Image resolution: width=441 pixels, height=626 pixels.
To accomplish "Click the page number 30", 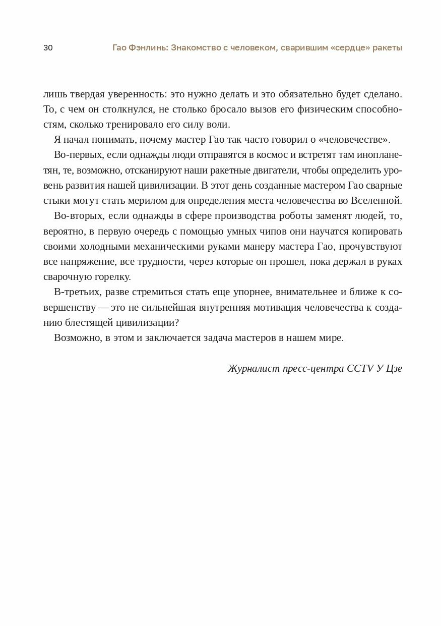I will [x=48, y=48].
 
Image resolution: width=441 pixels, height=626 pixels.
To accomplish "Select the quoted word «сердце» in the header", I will [x=345, y=48].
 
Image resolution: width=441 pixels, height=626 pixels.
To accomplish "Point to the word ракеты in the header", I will [x=388, y=48].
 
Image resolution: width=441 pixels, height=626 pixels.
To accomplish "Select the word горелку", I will [x=112, y=276].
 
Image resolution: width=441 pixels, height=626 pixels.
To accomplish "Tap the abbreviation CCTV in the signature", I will [x=360, y=368].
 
